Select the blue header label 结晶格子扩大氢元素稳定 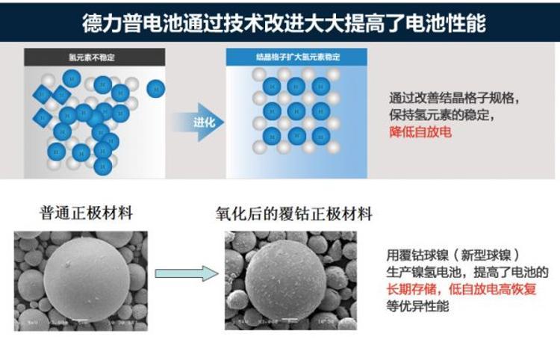296,58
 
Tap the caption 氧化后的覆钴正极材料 293,215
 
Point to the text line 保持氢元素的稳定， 441,116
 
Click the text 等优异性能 411,305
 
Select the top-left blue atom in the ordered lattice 273,86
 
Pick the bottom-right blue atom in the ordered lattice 322,137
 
